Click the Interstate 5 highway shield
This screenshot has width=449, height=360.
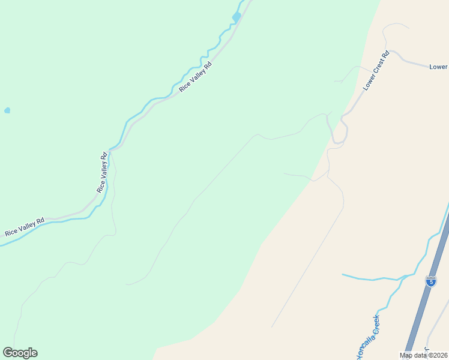tap(430, 281)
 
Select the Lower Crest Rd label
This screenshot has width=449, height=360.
tap(376, 71)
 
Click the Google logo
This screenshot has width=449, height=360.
tap(20, 353)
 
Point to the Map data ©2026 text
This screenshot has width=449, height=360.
tap(424, 355)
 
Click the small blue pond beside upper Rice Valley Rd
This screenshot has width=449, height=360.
tap(237, 17)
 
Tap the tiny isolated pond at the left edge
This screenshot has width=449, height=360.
tap(7, 110)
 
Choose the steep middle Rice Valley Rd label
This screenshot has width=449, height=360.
tap(103, 172)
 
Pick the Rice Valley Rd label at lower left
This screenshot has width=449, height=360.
tap(25, 226)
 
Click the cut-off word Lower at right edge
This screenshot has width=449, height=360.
tap(439, 67)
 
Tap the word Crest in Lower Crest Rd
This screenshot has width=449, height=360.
tap(376, 70)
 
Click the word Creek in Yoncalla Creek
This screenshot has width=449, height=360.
tap(374, 325)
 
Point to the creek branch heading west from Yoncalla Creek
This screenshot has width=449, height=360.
tap(372, 278)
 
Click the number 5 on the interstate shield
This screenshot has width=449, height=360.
tap(430, 281)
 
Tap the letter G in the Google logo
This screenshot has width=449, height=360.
tap(8, 353)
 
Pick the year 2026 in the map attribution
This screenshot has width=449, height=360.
tap(439, 355)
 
